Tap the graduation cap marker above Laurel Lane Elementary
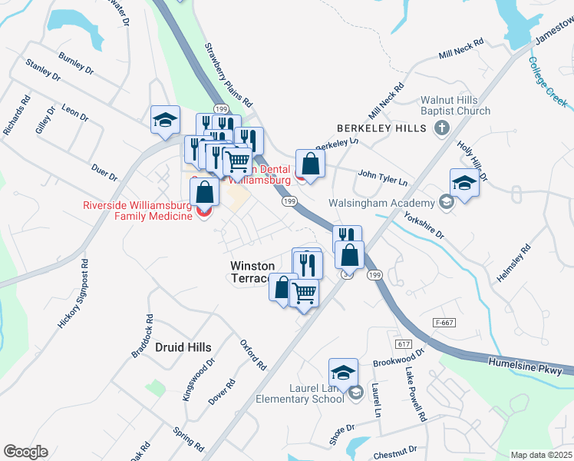point(343,373)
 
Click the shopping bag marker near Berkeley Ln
point(310,164)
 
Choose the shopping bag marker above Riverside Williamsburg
point(204,194)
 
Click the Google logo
point(25,452)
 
